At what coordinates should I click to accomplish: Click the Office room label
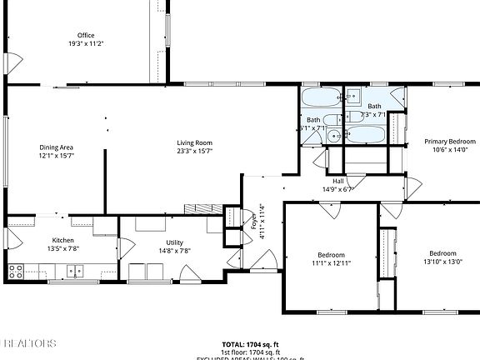tap(85, 35)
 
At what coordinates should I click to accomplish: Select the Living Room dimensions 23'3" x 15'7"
tap(194, 152)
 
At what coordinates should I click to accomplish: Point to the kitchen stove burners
tap(14, 269)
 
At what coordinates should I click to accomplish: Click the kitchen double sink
tap(76, 270)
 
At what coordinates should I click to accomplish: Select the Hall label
tap(338, 181)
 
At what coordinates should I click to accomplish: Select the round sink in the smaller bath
tap(333, 135)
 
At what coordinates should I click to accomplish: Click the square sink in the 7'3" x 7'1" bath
tap(353, 93)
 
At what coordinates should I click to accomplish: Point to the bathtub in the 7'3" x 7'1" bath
tap(365, 134)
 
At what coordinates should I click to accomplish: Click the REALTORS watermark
tap(30, 342)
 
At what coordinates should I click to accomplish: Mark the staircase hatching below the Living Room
tap(201, 208)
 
